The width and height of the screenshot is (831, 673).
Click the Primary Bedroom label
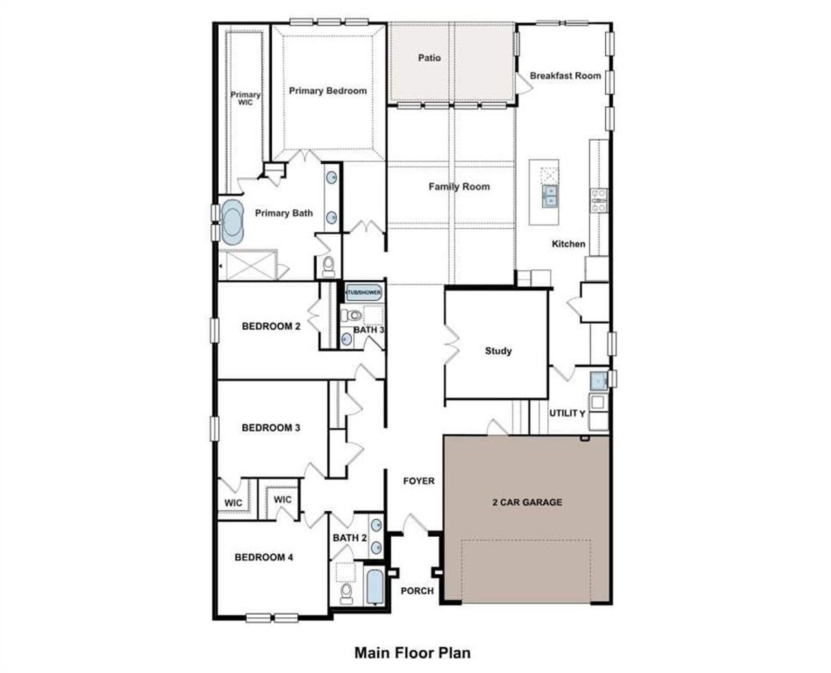click(x=328, y=91)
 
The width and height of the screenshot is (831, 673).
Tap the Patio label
click(x=429, y=58)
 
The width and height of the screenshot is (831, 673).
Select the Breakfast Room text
click(x=565, y=75)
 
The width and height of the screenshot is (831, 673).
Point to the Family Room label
click(x=459, y=186)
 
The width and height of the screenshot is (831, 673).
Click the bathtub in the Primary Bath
click(x=231, y=221)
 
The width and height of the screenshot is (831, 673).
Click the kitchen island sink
click(x=549, y=195)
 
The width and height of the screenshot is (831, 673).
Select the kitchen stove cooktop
click(x=598, y=201)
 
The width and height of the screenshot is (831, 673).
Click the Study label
click(x=498, y=350)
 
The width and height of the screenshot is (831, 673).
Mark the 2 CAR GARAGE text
click(x=527, y=502)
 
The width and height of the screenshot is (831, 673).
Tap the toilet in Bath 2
click(x=347, y=592)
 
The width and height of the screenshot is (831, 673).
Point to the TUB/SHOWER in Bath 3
click(x=363, y=293)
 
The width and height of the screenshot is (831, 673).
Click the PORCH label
click(x=417, y=591)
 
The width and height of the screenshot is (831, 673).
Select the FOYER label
click(x=419, y=481)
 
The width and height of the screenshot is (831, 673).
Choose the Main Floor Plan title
click(x=412, y=652)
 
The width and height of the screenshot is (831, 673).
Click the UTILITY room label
click(x=567, y=413)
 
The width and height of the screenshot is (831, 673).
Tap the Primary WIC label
click(x=245, y=98)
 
